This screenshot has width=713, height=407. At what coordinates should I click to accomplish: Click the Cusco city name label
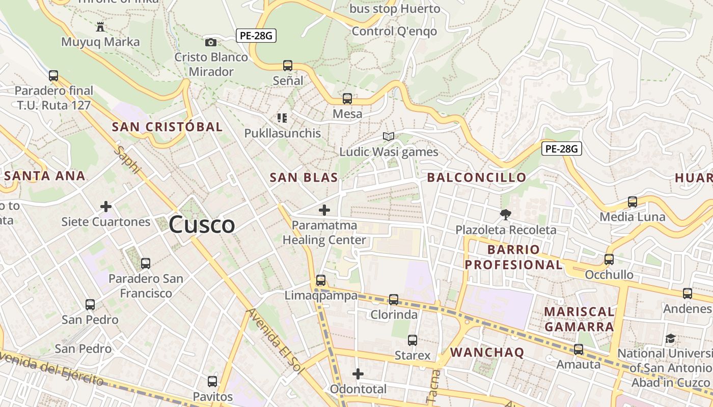(x=202, y=224)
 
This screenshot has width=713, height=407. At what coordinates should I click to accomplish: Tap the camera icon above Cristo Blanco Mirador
(x=211, y=42)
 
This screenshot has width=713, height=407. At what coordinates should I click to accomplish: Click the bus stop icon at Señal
(x=288, y=66)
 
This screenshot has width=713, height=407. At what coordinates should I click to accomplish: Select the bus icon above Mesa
(x=347, y=99)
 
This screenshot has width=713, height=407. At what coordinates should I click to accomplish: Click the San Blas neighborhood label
(x=304, y=178)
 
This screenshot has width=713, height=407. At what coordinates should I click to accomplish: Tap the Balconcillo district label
(x=476, y=178)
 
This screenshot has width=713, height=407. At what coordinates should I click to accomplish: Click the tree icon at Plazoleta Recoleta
(x=505, y=215)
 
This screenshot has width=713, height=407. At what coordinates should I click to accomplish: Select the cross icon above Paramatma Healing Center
(x=324, y=210)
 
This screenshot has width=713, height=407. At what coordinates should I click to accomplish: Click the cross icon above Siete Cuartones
(x=106, y=207)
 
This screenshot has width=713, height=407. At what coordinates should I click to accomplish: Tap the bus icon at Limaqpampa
(x=321, y=280)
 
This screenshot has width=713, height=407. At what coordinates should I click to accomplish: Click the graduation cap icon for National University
(x=671, y=339)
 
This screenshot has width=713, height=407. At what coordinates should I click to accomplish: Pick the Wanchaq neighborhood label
(x=487, y=353)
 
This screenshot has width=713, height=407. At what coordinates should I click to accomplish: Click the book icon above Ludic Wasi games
(x=389, y=136)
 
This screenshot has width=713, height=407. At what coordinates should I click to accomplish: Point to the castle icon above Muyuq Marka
(x=100, y=27)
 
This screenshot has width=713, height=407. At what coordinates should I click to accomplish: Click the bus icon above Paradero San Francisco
(x=146, y=264)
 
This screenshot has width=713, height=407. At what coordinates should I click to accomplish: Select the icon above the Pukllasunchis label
(x=282, y=118)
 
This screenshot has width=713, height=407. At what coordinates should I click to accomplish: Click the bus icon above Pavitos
(x=212, y=382)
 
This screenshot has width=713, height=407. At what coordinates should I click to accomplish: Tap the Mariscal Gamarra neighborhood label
(x=579, y=319)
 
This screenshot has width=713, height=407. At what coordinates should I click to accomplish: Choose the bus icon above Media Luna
(x=633, y=202)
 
